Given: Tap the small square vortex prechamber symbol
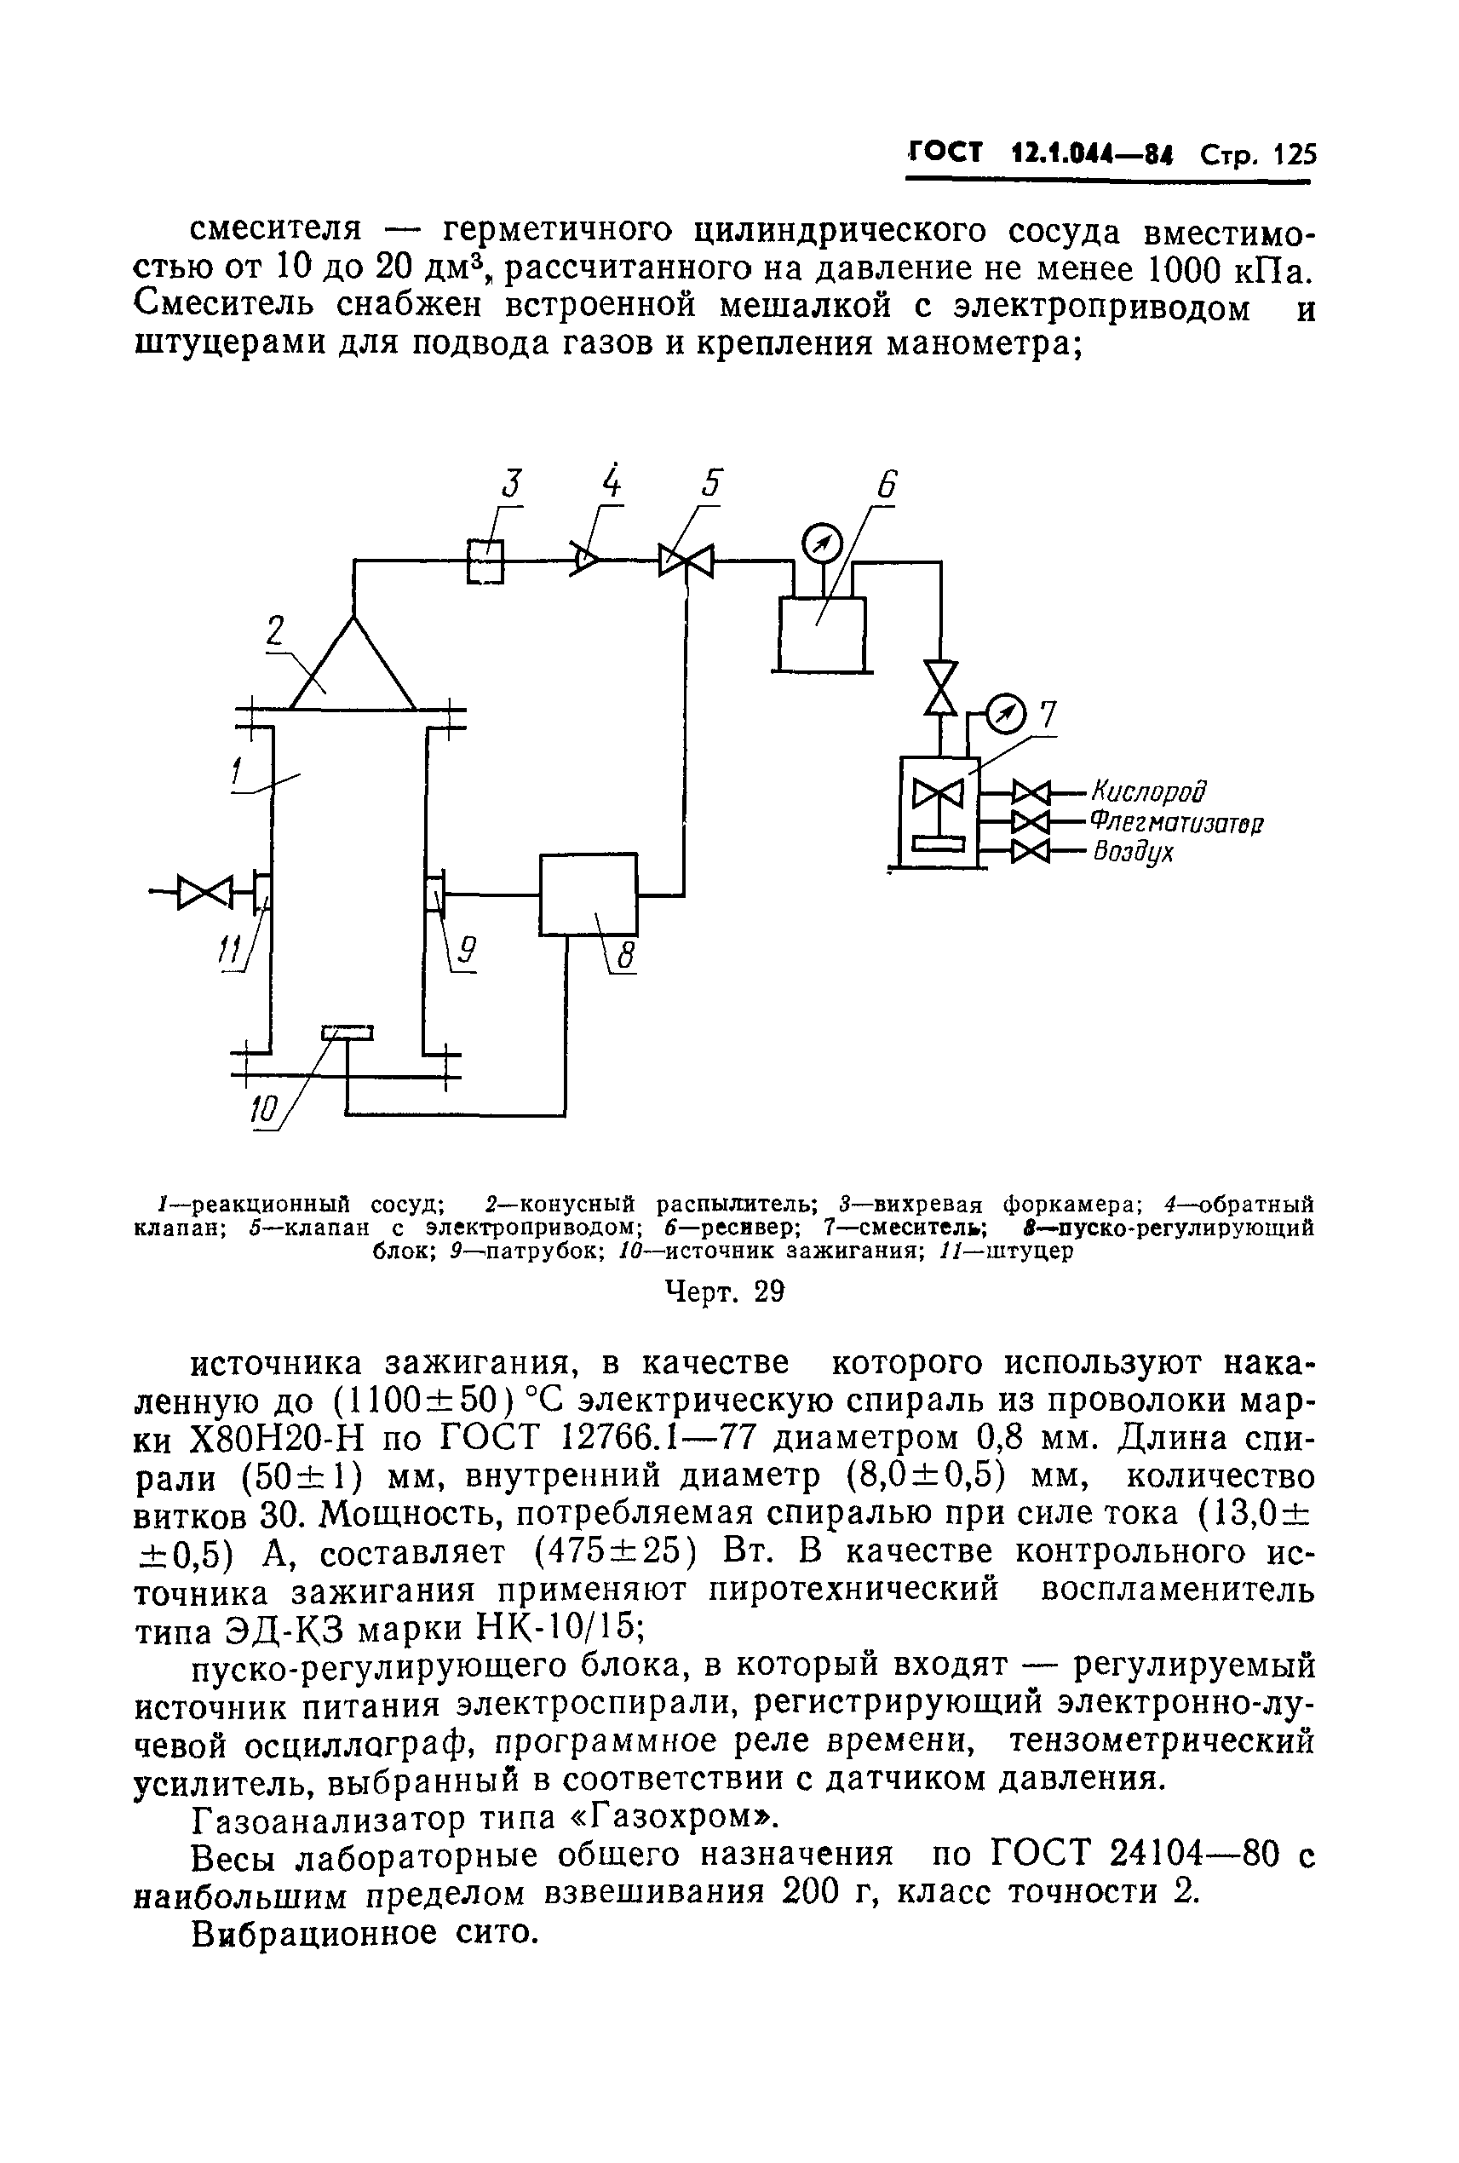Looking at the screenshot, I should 485,561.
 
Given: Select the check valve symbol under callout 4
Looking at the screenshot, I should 584,561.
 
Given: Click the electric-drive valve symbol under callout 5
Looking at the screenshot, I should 686,561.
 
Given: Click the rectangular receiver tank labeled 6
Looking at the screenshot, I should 822,633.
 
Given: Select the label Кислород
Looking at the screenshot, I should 1150,792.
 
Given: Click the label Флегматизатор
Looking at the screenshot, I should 1176,823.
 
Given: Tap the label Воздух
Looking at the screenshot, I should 1134,852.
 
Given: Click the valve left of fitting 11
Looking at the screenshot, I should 204,892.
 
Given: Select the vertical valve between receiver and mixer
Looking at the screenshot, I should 942,687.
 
